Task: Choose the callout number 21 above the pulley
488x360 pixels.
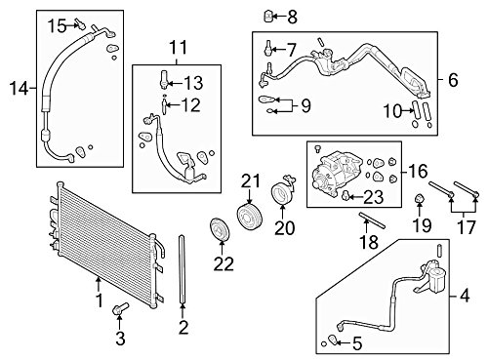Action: coord(252,179)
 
